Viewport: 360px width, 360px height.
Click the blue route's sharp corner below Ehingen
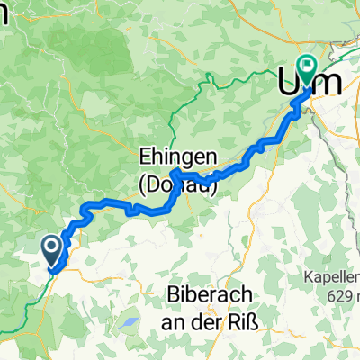(x=172, y=170)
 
